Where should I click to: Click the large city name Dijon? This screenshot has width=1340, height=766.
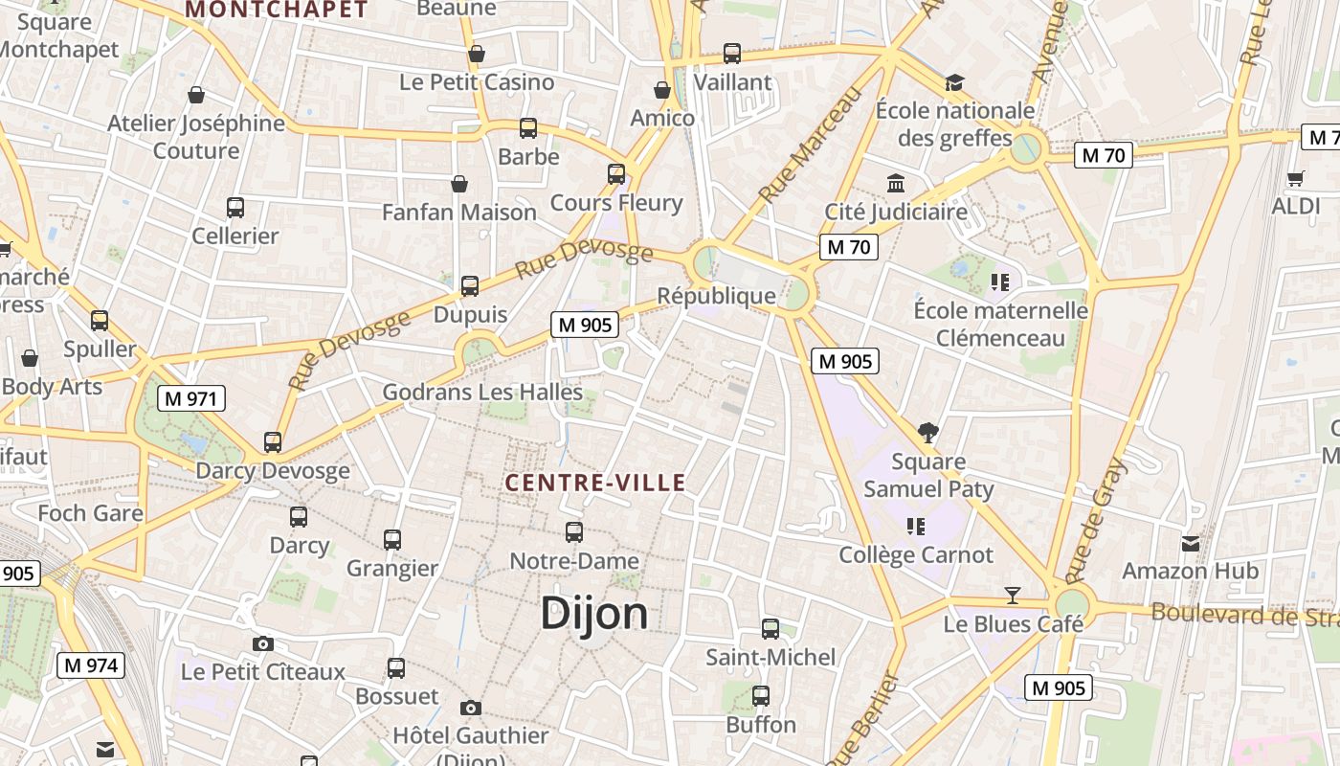coord(593,613)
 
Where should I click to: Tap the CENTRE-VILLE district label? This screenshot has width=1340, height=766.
coord(595,483)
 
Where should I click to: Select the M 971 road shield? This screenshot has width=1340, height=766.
coord(191,398)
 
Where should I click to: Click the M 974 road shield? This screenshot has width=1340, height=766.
coord(90,665)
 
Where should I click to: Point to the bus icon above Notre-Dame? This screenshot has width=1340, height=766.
coord(574,532)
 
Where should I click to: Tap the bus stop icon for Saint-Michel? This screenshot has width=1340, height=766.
coord(770,629)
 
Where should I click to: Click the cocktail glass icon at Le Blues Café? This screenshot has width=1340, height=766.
coord(1013,596)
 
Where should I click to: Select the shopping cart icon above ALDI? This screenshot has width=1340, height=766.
coord(1296,177)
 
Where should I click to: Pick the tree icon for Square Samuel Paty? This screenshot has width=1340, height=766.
coord(927,433)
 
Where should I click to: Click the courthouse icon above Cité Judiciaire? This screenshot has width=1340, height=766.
coord(896,183)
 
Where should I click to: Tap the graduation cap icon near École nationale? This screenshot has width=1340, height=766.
coord(954,82)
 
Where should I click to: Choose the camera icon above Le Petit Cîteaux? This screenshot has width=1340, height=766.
coord(263,643)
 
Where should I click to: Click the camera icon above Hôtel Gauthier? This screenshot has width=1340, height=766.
coord(471,708)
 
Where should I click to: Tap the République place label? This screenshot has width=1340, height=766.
coord(717,296)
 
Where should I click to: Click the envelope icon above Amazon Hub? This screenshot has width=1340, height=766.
coord(1191,544)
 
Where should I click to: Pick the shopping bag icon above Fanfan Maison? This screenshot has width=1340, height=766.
coord(459,184)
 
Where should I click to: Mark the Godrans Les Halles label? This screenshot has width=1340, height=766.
coord(482,392)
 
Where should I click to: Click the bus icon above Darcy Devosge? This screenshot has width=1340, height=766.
coord(273,442)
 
